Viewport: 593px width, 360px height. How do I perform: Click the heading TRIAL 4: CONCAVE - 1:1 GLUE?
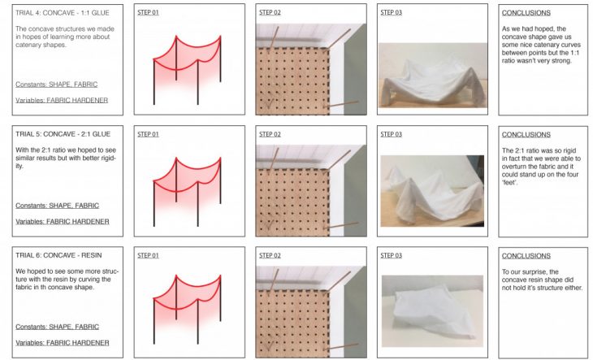point(63,13)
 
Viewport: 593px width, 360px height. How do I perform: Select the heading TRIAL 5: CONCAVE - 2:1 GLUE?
point(63,134)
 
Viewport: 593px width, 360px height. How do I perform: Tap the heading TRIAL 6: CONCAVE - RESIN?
point(58,255)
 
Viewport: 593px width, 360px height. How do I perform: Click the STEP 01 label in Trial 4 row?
point(148,12)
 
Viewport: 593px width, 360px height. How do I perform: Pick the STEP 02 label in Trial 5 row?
point(270,134)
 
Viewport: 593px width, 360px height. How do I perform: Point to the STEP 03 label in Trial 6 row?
point(391,256)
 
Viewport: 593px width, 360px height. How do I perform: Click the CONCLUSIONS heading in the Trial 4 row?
point(526,13)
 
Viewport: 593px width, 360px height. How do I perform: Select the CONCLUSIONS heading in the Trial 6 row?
point(526,256)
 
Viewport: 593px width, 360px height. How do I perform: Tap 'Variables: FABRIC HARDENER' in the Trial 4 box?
point(62,100)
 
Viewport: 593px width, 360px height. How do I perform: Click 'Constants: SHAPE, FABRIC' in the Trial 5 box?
point(57,206)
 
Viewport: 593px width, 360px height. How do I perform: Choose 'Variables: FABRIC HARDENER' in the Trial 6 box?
point(63,343)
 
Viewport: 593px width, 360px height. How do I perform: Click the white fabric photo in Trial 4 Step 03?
point(433,76)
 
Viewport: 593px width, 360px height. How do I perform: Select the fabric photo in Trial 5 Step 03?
point(432,191)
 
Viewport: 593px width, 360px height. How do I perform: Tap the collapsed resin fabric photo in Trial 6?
point(432,311)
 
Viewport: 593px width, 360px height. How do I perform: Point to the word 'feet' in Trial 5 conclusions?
point(509,183)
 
